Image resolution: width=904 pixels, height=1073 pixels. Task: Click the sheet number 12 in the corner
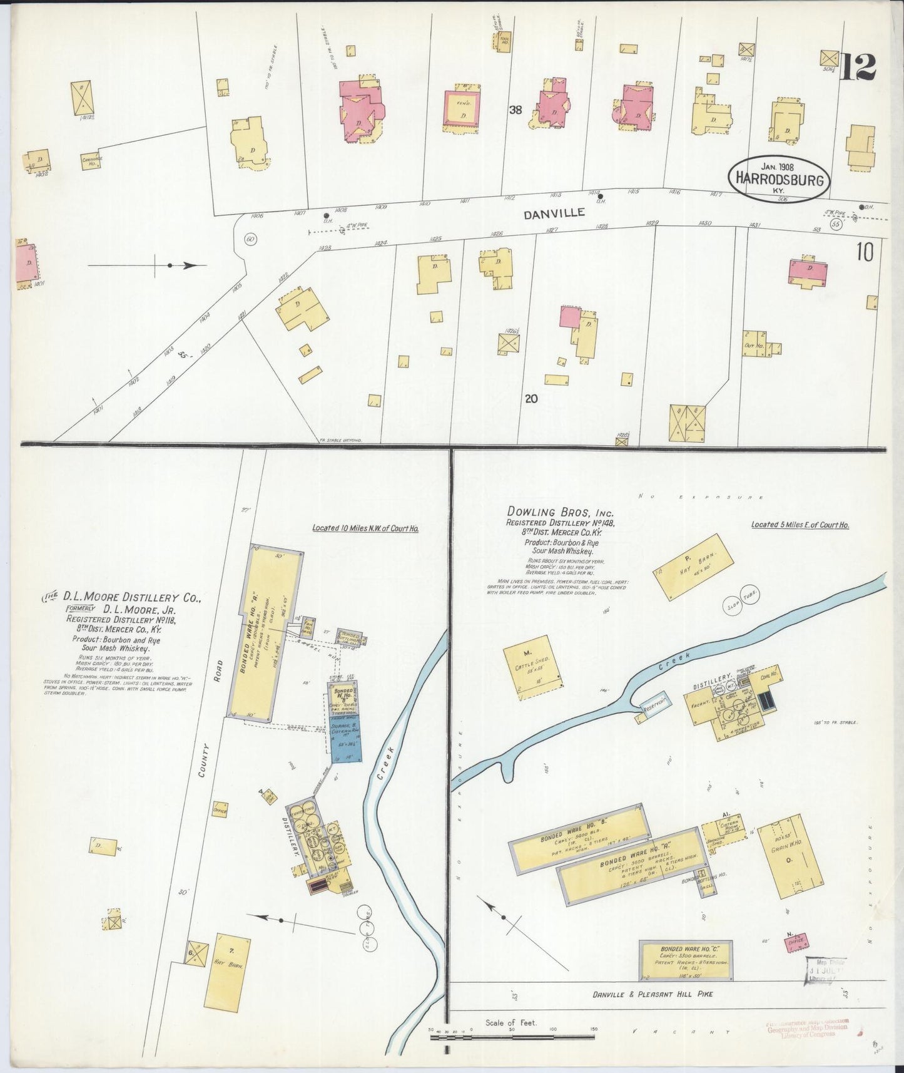[858, 67]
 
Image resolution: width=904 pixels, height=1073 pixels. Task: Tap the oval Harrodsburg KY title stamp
[779, 178]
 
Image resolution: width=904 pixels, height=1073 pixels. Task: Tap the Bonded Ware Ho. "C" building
[686, 960]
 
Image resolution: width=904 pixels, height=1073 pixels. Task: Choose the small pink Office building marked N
[796, 942]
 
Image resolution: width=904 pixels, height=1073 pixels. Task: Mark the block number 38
[515, 110]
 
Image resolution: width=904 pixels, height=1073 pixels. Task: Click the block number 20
[532, 398]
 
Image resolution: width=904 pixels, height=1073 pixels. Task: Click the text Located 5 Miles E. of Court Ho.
[800, 525]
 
